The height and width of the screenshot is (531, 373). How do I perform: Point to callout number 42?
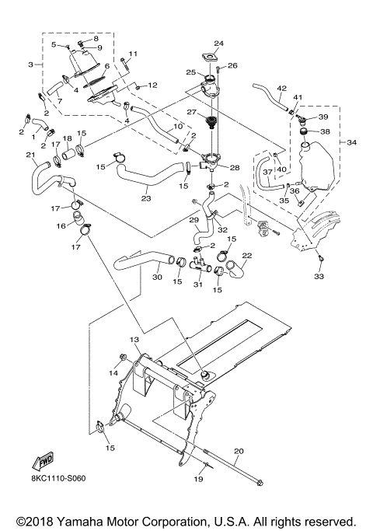281,88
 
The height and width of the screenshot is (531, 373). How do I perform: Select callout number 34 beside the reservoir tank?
351,143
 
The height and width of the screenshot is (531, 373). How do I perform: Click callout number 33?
319,275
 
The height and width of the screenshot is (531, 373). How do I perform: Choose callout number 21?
30,155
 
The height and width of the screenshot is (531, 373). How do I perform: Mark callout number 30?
157,276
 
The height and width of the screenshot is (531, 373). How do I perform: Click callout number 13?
134,340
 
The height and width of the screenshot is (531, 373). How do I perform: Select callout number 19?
198,480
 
